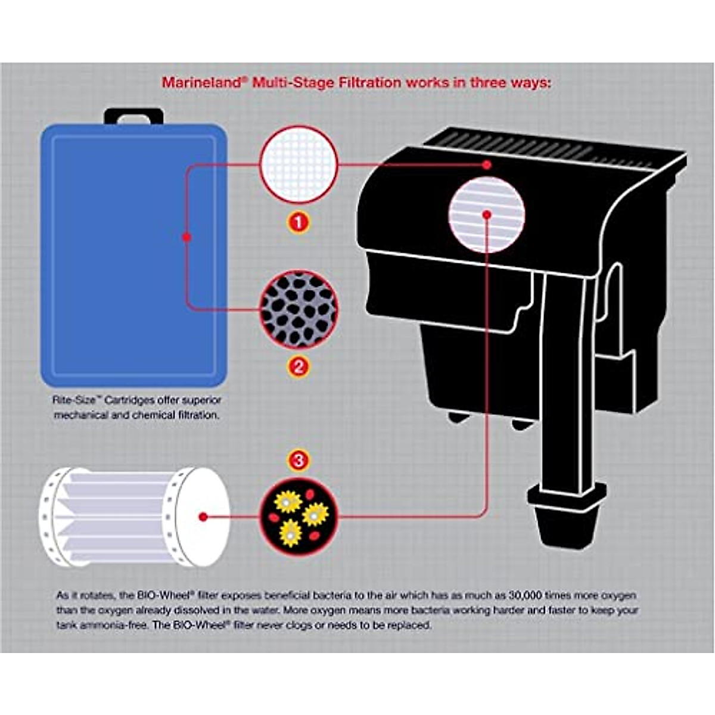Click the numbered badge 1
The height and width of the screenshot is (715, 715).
click(x=299, y=223)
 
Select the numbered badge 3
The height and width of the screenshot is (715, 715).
click(x=299, y=460)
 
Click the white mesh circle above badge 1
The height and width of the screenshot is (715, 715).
click(x=299, y=164)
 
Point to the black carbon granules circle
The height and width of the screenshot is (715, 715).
click(x=299, y=309)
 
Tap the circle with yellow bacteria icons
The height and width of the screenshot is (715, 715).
click(x=299, y=516)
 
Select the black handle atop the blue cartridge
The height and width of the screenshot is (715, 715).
click(x=133, y=116)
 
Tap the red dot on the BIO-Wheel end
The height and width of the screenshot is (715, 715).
click(x=203, y=517)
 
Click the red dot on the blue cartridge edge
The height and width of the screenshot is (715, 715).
click(x=186, y=237)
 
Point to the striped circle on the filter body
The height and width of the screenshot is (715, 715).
click(x=487, y=214)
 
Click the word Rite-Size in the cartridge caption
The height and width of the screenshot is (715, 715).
click(x=69, y=401)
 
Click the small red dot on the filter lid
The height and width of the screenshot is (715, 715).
click(x=487, y=165)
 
